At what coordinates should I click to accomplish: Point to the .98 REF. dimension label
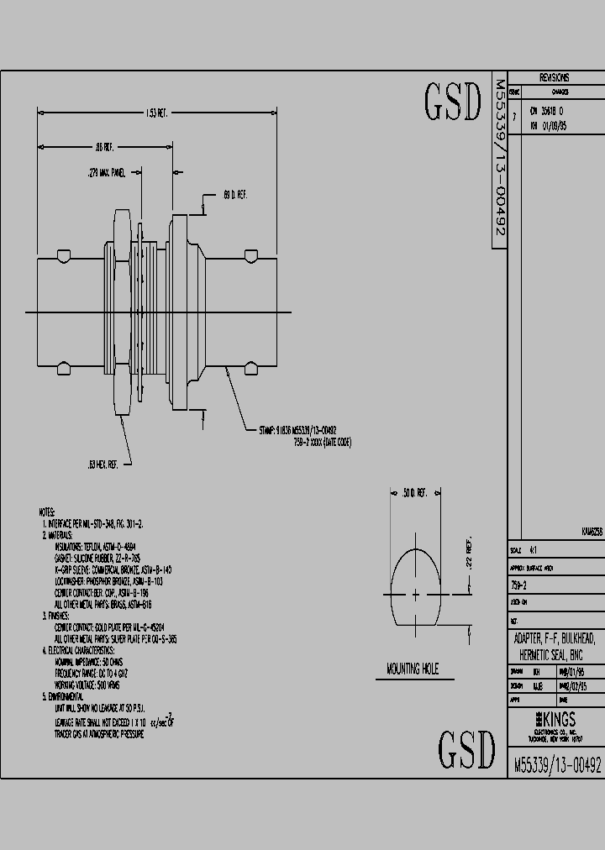point(105,147)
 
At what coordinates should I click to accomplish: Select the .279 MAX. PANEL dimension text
point(107,173)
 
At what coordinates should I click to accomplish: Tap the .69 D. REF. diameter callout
point(234,195)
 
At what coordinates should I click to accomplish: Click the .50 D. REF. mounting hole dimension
point(416,493)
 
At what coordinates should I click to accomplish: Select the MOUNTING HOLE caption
point(413,669)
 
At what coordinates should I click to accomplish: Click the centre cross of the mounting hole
point(416,595)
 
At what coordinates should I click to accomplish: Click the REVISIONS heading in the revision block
point(554,76)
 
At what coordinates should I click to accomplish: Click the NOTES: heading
point(47,512)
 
